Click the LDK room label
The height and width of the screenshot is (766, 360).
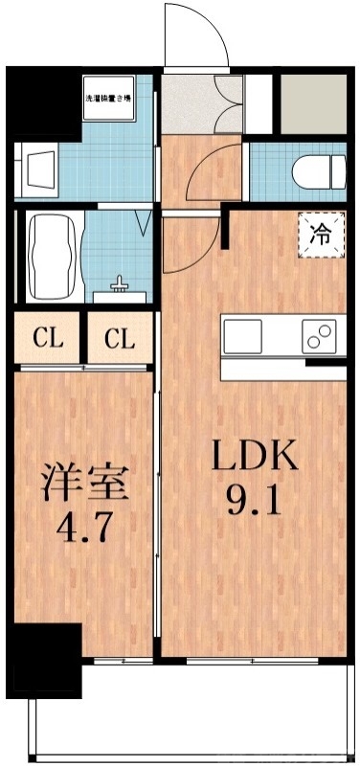pyautogui.click(x=255, y=459)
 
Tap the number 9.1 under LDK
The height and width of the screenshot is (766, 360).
pyautogui.click(x=254, y=501)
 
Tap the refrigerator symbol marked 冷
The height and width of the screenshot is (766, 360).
pyautogui.click(x=322, y=234)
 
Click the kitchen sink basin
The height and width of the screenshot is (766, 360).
pyautogui.click(x=243, y=336)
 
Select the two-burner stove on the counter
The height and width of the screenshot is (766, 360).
pyautogui.click(x=319, y=337)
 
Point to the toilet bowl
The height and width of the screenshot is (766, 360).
pyautogui.click(x=316, y=170)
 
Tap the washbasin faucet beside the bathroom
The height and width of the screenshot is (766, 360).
pyautogui.click(x=121, y=285)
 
